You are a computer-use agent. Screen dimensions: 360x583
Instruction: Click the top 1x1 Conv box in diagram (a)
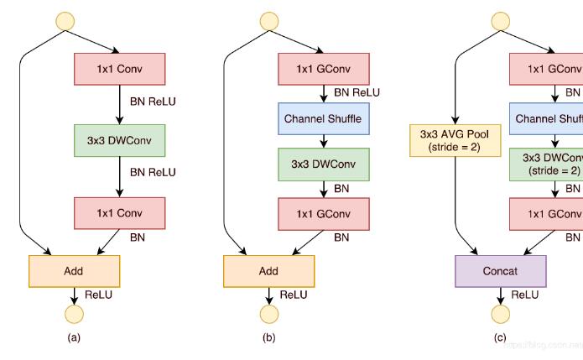coord(119,69)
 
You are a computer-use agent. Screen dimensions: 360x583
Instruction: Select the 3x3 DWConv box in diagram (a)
coord(119,141)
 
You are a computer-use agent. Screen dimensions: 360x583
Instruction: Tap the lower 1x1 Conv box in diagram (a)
coord(119,213)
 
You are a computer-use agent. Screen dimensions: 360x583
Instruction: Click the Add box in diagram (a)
coord(74,271)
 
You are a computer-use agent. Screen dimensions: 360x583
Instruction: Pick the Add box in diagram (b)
coord(268,271)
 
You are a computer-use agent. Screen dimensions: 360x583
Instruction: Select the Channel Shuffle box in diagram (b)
coord(323,118)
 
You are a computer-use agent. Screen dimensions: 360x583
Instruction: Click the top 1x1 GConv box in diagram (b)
coord(323,69)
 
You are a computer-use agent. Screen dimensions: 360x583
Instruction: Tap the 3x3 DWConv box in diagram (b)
coord(323,164)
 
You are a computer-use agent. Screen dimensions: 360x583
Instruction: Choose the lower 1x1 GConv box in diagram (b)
coord(323,213)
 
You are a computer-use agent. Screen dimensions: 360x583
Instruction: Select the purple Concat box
coord(500,271)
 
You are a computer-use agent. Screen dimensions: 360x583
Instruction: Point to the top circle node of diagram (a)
coord(65,20)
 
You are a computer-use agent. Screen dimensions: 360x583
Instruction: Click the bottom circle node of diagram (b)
coord(268,315)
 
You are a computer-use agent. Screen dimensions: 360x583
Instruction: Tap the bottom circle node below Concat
coord(500,315)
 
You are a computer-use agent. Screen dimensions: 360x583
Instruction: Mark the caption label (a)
coord(74,338)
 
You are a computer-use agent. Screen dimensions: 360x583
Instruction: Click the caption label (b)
coord(268,338)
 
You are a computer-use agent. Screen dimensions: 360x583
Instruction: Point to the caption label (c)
coord(500,338)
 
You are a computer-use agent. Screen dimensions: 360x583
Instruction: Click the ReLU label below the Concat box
coord(525,295)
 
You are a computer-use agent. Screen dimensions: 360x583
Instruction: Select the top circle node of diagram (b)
coord(268,20)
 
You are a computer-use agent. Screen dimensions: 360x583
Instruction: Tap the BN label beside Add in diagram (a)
coord(138,237)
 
